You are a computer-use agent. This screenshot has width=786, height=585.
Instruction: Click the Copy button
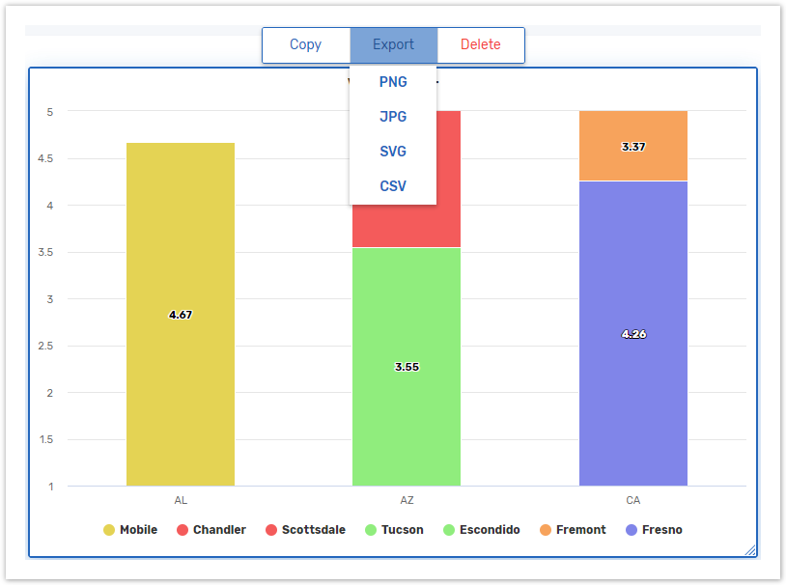click(305, 44)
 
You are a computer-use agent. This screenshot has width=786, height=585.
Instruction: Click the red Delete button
click(480, 44)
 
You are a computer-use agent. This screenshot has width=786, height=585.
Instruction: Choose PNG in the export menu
click(393, 82)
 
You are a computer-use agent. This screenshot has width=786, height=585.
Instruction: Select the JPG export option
click(393, 117)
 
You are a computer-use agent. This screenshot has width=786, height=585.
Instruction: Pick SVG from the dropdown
click(393, 152)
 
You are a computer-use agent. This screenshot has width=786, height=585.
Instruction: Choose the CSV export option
click(393, 186)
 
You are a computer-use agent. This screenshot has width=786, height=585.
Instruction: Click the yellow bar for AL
click(181, 386)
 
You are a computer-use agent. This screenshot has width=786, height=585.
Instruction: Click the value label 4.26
click(633, 334)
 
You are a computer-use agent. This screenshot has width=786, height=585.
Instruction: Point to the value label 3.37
click(633, 147)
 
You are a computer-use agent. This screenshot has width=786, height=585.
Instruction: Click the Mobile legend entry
click(130, 530)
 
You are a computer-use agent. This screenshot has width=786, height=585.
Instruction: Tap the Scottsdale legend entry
click(305, 530)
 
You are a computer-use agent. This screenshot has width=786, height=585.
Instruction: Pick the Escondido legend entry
click(481, 530)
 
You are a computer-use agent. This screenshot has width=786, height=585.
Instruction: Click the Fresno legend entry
click(654, 530)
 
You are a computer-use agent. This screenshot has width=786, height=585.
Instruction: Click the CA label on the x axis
click(633, 501)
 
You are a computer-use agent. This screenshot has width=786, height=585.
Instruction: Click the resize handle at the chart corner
click(750, 550)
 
